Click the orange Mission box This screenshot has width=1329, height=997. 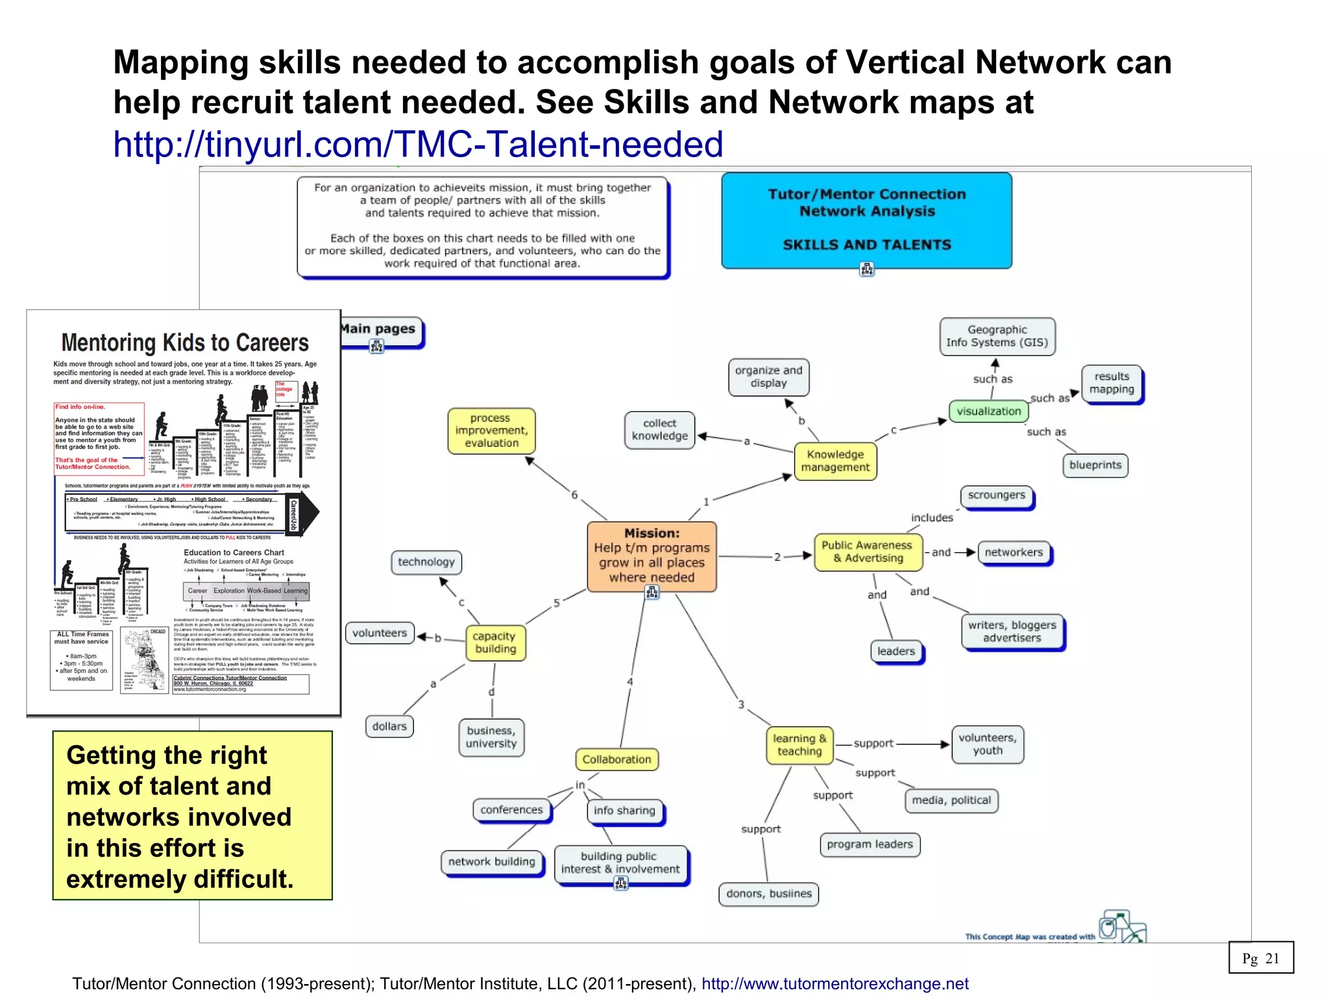[652, 556]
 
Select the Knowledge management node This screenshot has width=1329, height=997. [835, 461]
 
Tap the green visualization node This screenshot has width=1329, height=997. [988, 412]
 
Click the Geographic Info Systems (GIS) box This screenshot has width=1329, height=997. [997, 336]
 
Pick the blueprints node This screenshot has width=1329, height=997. [1095, 465]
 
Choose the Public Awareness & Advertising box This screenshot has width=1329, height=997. [867, 552]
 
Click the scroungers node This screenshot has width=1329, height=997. [996, 496]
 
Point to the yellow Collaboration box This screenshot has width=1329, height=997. [616, 759]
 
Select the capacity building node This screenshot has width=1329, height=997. [494, 643]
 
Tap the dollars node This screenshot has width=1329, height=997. [389, 726]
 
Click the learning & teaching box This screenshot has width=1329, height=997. [799, 745]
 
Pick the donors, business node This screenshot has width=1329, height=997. [768, 894]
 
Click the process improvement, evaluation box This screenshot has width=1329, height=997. [491, 430]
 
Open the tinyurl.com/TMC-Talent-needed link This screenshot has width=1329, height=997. [418, 144]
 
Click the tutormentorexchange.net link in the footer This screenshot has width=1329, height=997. [835, 984]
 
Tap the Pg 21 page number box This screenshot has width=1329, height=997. [1260, 958]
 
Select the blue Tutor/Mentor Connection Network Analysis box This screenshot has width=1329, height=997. [866, 219]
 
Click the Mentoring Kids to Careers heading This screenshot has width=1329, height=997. [185, 343]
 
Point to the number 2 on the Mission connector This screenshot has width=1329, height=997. [777, 557]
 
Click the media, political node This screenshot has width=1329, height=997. [951, 800]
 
